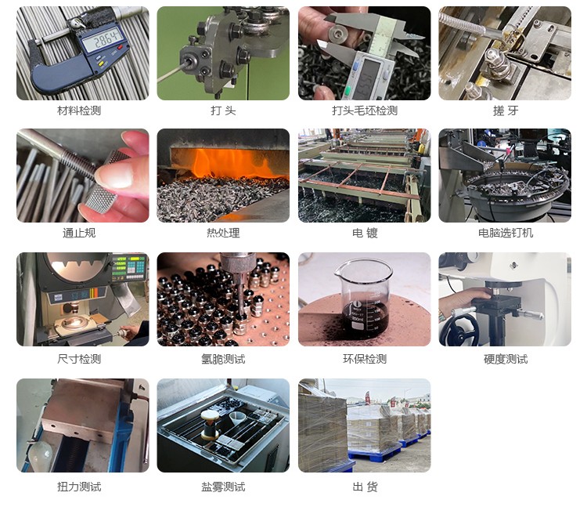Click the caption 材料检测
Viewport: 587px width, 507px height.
[79, 110]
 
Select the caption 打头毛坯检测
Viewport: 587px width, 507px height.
[365, 110]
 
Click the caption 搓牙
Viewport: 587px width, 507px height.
[506, 110]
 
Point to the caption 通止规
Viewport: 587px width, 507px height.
[79, 233]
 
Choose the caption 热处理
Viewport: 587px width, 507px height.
[223, 233]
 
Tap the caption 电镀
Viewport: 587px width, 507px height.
[365, 233]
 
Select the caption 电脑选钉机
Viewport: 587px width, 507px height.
[506, 233]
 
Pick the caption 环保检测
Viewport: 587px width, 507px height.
[365, 359]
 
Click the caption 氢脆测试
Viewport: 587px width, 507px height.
[223, 359]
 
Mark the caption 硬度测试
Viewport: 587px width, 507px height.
[506, 359]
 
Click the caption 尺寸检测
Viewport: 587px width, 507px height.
[79, 359]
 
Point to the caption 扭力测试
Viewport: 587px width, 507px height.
[79, 487]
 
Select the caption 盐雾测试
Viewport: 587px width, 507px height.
[223, 487]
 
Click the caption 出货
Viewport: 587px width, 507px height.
[365, 487]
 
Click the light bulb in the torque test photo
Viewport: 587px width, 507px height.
[39, 454]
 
